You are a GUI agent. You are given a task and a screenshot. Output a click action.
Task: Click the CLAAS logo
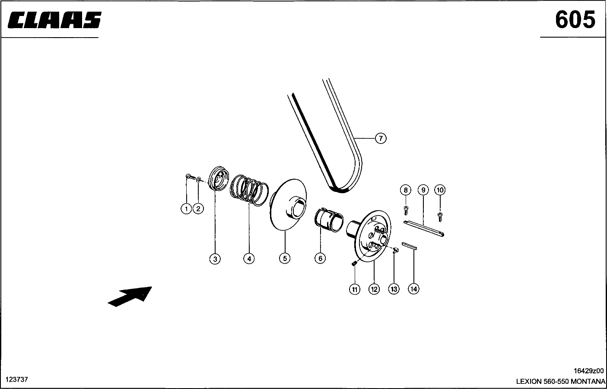point(54,20)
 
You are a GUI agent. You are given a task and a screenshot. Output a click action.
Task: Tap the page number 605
point(575,19)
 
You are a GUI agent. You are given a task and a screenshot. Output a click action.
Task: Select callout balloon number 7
point(381,138)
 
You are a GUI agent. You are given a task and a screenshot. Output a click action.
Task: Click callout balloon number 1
point(186,209)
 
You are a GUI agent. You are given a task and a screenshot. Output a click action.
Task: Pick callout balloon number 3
point(215,259)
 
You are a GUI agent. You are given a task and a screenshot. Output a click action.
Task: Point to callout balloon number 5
point(285,258)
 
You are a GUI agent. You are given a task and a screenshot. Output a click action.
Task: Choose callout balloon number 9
point(423,190)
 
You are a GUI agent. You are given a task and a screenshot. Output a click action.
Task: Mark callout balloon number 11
point(354,290)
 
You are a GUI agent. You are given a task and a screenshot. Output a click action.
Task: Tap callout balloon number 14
point(413,289)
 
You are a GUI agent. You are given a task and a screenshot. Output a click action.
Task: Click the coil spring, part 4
point(249,190)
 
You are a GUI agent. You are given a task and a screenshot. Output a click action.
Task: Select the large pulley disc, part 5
point(288,205)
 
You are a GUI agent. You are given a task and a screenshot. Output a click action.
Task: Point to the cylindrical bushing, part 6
point(329,220)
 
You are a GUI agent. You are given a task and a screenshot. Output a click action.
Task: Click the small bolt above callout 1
point(191,177)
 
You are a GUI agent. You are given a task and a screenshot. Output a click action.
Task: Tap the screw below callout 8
point(406,210)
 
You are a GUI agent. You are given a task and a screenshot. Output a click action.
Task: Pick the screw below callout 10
point(440,217)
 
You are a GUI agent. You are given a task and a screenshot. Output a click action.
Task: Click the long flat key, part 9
point(424,229)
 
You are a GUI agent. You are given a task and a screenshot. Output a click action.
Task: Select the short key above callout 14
point(409,246)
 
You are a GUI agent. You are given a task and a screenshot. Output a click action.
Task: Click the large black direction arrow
point(130,297)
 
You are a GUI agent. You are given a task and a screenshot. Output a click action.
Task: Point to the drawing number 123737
point(17,379)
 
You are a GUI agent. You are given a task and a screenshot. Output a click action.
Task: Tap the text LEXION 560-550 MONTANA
point(560,381)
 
